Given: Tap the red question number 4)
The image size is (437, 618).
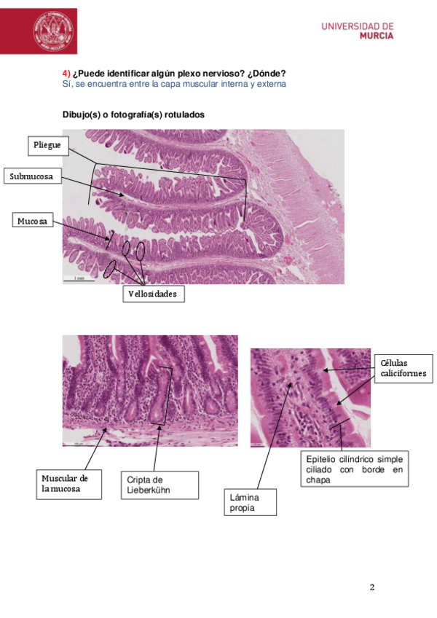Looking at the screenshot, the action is pos(66,74).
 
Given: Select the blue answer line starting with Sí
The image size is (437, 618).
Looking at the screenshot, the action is pos(174,84).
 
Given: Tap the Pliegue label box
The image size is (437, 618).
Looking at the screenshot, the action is pos(48,146).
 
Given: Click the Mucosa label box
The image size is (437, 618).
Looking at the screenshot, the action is pos(34,220).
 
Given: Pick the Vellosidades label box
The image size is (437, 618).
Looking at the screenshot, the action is pos(152,294).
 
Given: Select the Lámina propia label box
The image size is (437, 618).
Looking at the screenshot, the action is pos(250,502).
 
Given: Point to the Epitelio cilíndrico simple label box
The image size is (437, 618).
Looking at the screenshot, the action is pos(354,469).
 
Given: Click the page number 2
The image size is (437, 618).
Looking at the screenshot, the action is pos(371,587).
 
